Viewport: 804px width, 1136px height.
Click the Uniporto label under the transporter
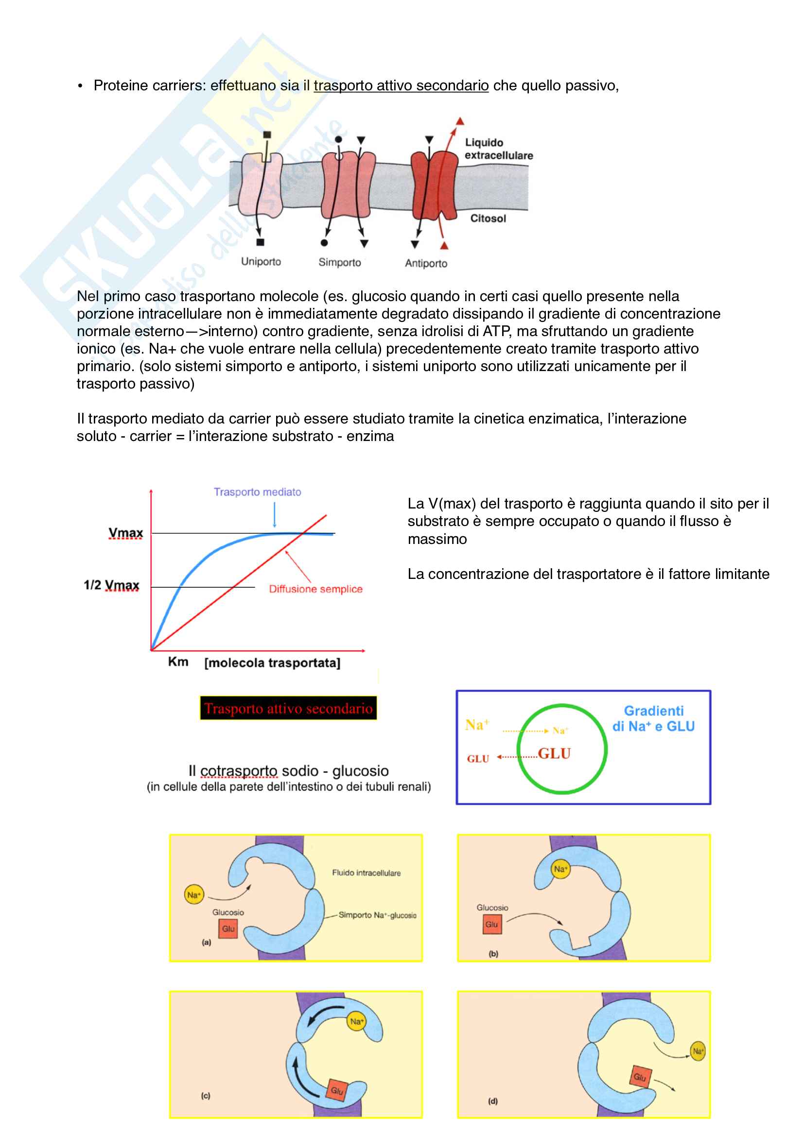coord(261,261)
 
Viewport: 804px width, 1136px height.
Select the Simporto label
coord(340,262)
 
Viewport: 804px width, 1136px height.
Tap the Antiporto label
coord(426,263)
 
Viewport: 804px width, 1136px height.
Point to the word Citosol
coord(488,218)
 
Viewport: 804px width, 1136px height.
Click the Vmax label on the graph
coord(126,533)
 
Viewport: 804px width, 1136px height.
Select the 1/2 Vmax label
coord(111,585)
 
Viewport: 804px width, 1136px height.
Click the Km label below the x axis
coord(178,662)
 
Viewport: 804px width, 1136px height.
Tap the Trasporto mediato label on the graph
coord(258,492)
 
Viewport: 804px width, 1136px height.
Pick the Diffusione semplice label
coord(315,589)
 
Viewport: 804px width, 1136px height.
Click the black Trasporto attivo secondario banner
coord(288,708)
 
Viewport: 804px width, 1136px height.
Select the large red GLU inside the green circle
coord(554,753)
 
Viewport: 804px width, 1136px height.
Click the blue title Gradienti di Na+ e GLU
coord(653,718)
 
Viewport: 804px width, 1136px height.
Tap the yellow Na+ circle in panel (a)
coord(193,895)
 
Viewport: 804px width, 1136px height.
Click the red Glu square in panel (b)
coord(491,924)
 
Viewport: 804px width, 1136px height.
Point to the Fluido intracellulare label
coord(367,873)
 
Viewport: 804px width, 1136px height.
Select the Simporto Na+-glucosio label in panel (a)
coord(377,915)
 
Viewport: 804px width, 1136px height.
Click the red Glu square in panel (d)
coord(640,1077)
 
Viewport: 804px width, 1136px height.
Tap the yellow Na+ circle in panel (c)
coord(356,1021)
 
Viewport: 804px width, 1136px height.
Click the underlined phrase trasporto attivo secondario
coord(401,85)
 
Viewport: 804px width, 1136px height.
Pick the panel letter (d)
coord(493,1101)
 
